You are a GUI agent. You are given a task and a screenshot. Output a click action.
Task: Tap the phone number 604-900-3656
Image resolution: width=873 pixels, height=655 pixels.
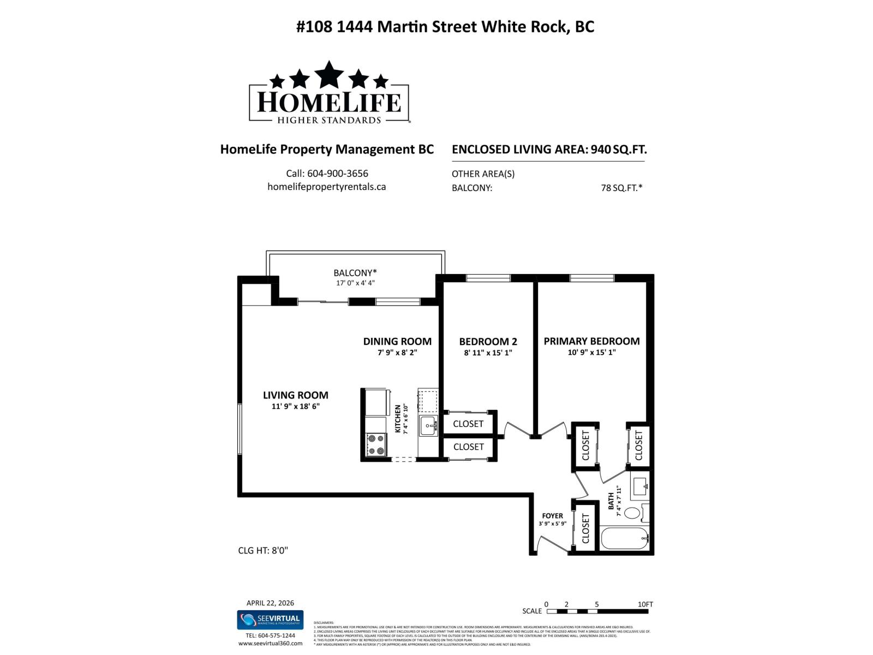tap(337, 174)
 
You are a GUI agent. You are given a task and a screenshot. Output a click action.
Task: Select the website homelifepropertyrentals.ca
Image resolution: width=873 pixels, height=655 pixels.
tap(326, 187)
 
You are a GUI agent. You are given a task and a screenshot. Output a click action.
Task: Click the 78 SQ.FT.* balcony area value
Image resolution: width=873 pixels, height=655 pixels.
tap(621, 188)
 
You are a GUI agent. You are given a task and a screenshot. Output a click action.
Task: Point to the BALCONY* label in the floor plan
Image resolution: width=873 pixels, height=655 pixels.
tap(355, 273)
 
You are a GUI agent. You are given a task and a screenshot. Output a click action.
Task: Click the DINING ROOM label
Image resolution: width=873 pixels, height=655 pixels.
tap(397, 342)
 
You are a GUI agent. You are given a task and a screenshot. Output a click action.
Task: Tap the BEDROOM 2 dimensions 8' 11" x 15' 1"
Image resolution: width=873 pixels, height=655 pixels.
tap(488, 353)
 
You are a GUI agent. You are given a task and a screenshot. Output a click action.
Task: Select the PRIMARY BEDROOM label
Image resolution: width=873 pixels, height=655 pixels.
tap(591, 341)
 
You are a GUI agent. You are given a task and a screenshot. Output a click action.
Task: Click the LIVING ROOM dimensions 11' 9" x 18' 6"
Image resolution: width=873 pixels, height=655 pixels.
tap(295, 407)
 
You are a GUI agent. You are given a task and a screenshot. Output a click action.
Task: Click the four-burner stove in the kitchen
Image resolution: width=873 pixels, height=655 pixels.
tap(375, 444)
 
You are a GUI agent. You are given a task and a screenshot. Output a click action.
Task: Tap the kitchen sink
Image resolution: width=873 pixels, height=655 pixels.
tap(428, 425)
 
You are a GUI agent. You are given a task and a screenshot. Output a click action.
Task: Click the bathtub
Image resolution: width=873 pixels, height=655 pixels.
tap(625, 539)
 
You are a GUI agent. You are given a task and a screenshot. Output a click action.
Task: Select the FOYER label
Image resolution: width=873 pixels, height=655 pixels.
tap(552, 516)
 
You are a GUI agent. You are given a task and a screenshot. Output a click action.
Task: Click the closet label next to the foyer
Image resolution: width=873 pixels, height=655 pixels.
tap(586, 528)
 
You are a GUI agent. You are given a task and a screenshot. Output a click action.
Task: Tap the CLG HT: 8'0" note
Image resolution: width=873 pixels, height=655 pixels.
tap(263, 550)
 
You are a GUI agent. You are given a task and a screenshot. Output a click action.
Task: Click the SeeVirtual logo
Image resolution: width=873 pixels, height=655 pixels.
tap(270, 620)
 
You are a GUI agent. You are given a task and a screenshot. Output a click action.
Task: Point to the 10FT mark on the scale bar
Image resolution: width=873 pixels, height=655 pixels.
tap(645, 604)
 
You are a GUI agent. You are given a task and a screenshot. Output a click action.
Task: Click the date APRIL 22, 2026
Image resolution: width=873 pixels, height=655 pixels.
tap(270, 603)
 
